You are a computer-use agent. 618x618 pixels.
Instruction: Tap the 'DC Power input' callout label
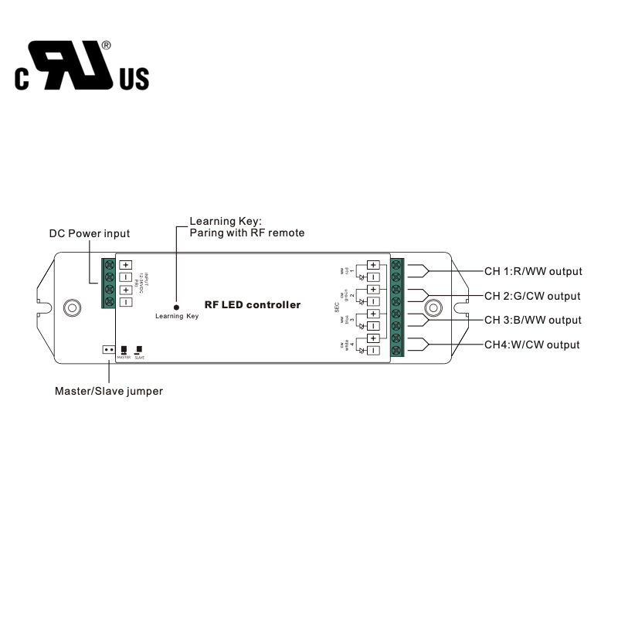90,233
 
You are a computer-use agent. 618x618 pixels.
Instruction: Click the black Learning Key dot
177,307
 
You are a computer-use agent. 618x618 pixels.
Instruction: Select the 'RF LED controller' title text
252,305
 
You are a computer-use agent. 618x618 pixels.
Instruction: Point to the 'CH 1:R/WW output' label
533,271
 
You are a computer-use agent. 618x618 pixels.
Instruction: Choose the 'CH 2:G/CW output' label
532,296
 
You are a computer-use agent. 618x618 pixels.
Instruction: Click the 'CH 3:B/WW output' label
532,320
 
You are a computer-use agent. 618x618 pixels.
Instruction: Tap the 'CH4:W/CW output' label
531,345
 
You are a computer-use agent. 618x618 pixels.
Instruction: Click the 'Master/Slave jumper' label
108,391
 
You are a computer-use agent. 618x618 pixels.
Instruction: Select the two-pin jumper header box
108,349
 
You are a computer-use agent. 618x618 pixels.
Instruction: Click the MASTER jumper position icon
124,350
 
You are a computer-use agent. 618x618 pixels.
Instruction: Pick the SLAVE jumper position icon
139,350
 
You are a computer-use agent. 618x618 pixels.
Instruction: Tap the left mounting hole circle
72,307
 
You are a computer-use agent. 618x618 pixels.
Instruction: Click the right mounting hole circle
434,308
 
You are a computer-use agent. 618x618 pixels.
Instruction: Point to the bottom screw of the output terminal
398,351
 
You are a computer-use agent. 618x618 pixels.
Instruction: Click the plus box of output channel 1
373,265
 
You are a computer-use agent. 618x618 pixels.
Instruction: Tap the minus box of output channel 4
373,351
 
